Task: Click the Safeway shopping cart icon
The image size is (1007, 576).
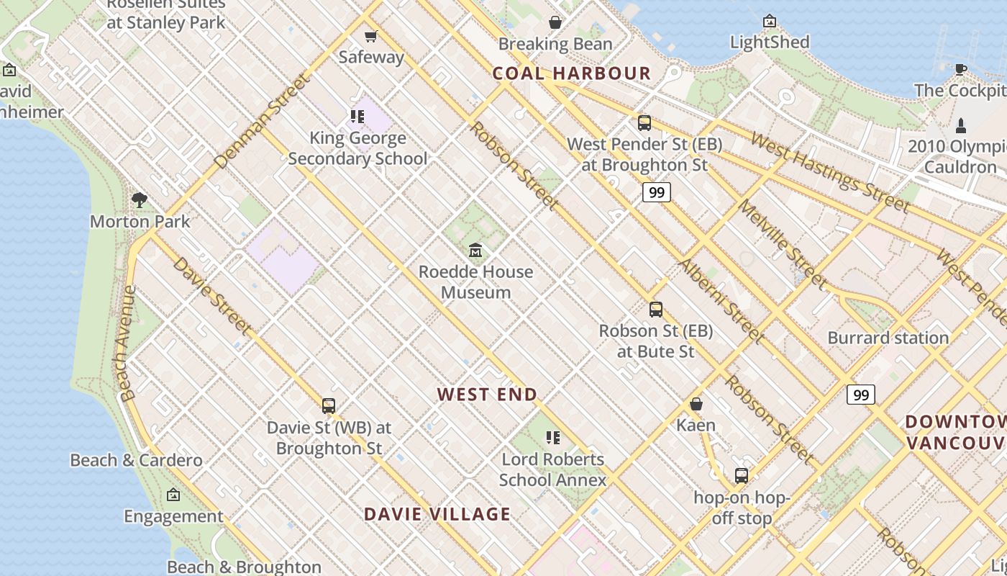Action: (370, 36)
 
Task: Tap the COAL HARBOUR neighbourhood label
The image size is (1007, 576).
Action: (572, 73)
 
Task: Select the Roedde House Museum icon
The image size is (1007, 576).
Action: (475, 251)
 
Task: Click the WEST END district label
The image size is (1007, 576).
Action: (487, 395)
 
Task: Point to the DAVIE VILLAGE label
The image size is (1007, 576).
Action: (437, 514)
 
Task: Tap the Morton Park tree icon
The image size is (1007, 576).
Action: (140, 200)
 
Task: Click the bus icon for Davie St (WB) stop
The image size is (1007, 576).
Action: (329, 406)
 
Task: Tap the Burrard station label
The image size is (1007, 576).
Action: (888, 338)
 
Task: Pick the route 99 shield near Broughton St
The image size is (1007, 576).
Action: (656, 192)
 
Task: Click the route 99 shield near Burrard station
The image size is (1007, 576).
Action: (860, 395)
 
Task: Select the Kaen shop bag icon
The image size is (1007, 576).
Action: (696, 404)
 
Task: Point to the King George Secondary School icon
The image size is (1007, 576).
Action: (357, 116)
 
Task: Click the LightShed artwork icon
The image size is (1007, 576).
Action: (770, 21)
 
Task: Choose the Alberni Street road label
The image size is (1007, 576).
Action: (721, 301)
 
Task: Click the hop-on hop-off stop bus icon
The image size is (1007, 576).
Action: (742, 476)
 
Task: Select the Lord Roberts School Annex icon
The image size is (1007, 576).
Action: (552, 438)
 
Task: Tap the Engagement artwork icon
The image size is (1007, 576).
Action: (173, 495)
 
